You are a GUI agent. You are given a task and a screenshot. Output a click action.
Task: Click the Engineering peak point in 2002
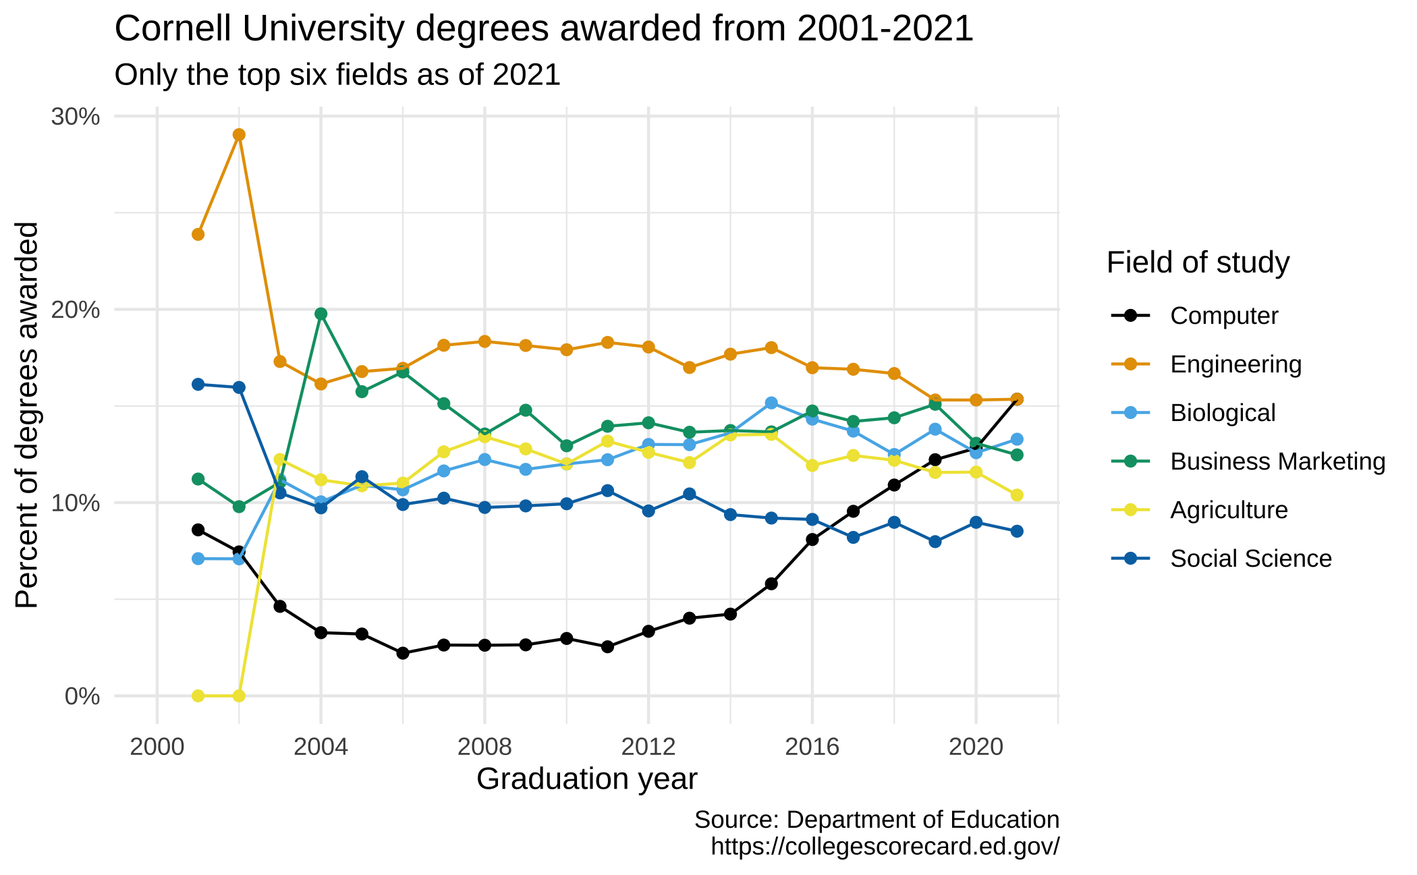click(239, 135)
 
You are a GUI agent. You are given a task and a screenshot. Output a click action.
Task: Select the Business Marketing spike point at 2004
click(321, 314)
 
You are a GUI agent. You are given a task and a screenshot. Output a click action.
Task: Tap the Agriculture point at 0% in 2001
click(198, 696)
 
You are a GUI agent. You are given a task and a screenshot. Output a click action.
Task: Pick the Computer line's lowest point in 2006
click(403, 653)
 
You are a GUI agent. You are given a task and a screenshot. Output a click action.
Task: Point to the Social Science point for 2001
click(198, 385)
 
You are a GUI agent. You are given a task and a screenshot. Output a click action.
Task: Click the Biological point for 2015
click(771, 403)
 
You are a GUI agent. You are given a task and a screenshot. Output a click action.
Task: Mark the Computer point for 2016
click(812, 540)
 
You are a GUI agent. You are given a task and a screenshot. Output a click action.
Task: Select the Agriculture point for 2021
click(1017, 495)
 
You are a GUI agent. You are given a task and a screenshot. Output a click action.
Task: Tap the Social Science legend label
click(1250, 559)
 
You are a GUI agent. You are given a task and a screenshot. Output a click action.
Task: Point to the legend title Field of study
click(1198, 262)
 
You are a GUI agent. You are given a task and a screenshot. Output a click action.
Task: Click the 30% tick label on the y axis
click(76, 117)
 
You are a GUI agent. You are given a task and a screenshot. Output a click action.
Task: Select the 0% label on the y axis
click(82, 696)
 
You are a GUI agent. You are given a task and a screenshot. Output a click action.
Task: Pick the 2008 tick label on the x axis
click(484, 747)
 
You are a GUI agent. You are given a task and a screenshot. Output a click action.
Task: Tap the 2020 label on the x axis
click(976, 747)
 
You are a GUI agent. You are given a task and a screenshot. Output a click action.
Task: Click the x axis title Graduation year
click(586, 779)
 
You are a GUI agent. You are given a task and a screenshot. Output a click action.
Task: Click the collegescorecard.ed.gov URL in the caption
click(885, 846)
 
